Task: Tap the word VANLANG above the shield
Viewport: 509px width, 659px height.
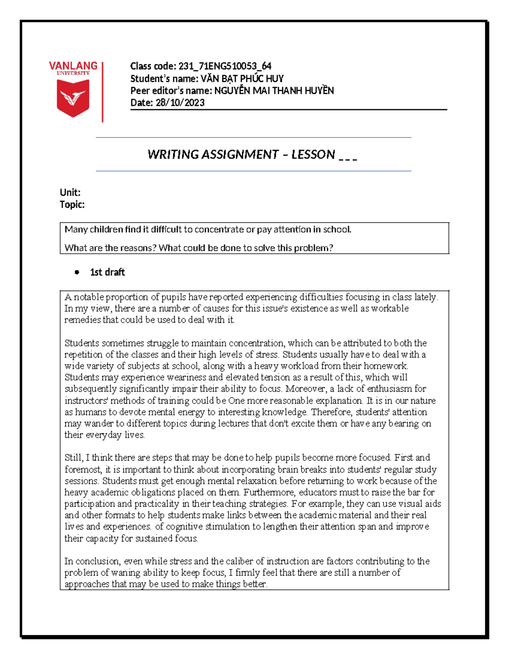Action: tap(73, 66)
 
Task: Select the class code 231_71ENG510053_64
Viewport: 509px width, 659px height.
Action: tap(225, 66)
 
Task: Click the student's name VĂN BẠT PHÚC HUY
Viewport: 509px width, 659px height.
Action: tap(242, 79)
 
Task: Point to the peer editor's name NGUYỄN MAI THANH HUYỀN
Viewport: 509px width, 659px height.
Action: tap(274, 90)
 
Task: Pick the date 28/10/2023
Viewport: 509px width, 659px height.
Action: tap(180, 103)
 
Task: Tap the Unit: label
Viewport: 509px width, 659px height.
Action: tap(70, 192)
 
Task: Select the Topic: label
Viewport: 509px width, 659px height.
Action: tap(72, 205)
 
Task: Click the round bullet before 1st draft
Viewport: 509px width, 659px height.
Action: tap(77, 272)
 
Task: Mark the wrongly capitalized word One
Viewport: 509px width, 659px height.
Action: tap(236, 401)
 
